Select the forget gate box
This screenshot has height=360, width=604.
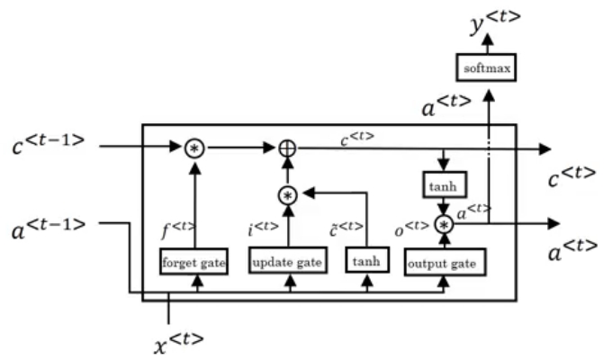pyautogui.click(x=194, y=262)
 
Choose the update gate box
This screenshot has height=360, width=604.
pyautogui.click(x=286, y=262)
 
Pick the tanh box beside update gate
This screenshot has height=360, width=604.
pyautogui.click(x=366, y=262)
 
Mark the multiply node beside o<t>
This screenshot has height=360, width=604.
pyautogui.click(x=443, y=224)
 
